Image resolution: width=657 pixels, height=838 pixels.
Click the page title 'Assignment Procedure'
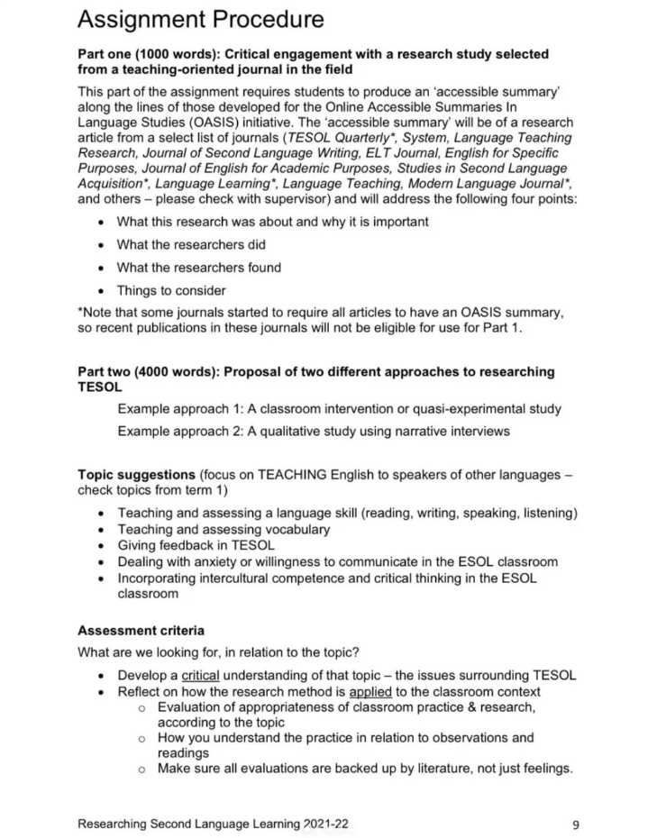coord(201,19)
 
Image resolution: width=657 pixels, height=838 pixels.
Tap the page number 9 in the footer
coord(575,823)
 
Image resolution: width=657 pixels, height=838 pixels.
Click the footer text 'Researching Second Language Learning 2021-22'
coord(213,823)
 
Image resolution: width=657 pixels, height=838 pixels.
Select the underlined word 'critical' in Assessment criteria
coord(200,675)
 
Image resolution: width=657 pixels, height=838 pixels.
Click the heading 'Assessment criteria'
coord(141,630)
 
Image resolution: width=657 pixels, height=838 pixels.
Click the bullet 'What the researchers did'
coord(191,244)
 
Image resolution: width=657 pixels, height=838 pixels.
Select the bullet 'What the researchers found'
coord(199,268)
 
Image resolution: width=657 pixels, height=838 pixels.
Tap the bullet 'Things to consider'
coord(171,290)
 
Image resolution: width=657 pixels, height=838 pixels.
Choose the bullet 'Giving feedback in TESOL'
coord(196,545)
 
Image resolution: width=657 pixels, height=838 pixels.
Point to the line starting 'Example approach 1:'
coord(339,409)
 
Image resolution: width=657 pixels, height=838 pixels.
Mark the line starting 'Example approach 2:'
coord(313,432)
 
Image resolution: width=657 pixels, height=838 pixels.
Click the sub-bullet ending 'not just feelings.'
coord(365,768)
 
